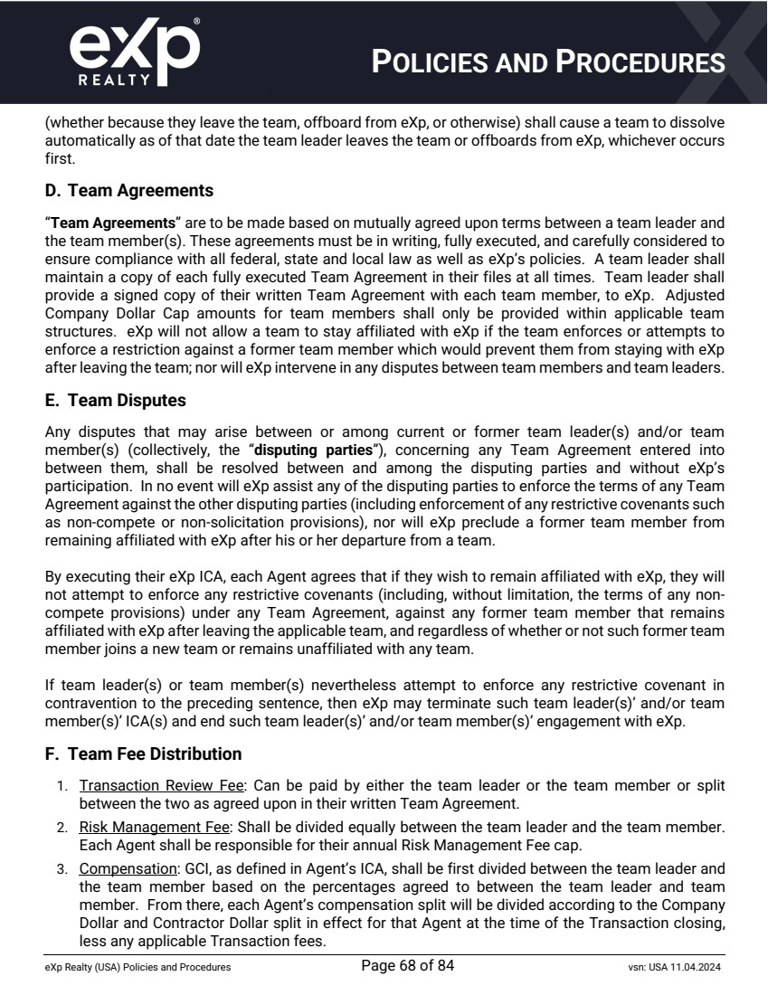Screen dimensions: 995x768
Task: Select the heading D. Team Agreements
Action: tap(128, 191)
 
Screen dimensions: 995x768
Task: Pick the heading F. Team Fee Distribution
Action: tap(143, 753)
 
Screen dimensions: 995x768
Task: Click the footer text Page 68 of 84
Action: tap(407, 967)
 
